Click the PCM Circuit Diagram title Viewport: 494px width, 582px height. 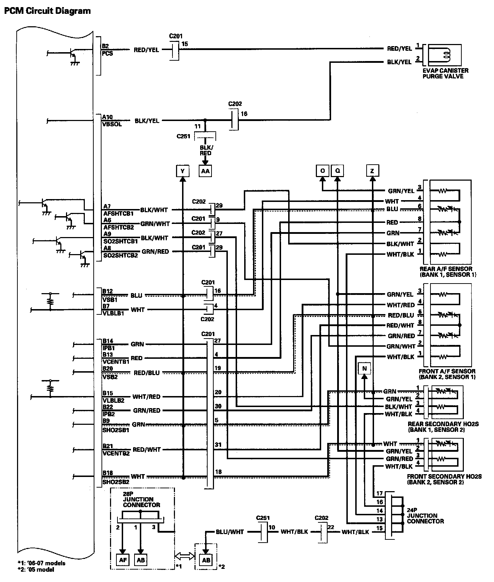tap(47, 11)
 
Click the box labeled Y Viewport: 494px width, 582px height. tap(182, 171)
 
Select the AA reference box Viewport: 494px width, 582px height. tap(205, 171)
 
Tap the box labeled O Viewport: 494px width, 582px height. tap(322, 171)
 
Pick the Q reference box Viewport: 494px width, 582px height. tap(337, 171)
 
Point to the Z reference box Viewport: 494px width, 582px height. tap(372, 171)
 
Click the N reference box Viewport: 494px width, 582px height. tap(364, 369)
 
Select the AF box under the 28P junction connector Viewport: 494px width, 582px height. tap(122, 560)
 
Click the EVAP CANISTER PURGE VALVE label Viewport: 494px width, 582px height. tap(445, 73)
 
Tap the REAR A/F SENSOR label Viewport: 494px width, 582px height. tap(448, 272)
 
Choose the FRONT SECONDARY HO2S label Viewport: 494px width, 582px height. tap(444, 479)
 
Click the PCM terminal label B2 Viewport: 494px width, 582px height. tap(105, 46)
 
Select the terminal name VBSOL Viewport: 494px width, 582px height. tap(112, 125)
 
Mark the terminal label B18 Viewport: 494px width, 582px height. tap(108, 473)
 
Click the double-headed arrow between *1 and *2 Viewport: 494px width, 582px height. tap(185, 556)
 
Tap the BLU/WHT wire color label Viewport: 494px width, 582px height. tap(230, 532)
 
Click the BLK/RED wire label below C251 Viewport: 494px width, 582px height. tap(205, 150)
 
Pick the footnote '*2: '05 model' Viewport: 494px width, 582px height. tap(35, 570)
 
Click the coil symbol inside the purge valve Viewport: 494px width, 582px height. tap(445, 54)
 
